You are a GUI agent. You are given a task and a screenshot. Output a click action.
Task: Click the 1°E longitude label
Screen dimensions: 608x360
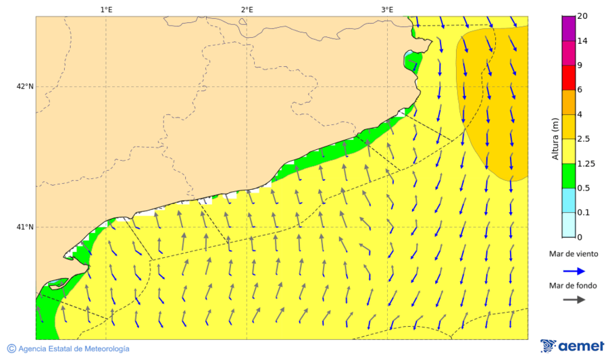coord(106,9)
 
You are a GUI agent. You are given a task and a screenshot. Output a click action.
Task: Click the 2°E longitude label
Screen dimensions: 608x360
coord(247,9)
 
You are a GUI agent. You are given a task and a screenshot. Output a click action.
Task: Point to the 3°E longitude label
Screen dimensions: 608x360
coord(387,9)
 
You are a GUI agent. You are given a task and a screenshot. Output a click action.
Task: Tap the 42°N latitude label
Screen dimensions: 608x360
coord(25,86)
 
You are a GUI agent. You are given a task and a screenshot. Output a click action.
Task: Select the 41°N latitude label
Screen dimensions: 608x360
coord(25,227)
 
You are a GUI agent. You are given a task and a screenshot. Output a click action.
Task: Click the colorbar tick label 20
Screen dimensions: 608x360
coord(582,16)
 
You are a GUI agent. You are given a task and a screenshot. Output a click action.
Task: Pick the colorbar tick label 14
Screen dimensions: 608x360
coord(582,41)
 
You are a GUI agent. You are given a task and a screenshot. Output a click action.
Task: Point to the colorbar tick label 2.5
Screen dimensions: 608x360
coord(584,139)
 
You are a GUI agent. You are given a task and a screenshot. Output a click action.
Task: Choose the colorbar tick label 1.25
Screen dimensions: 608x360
coord(586,163)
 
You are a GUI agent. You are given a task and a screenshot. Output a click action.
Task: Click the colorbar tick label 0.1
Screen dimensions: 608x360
coord(584,213)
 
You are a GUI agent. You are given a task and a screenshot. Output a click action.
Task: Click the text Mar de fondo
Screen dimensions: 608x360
coord(573,286)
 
